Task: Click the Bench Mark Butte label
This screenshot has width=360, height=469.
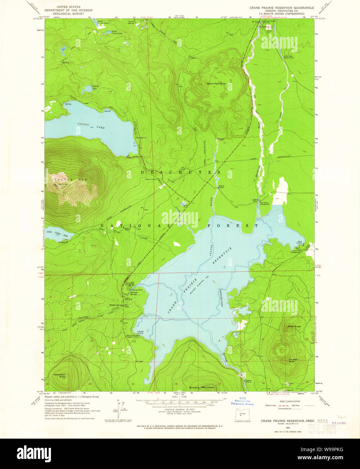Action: point(216,84)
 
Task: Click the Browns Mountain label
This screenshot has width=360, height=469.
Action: point(202,387)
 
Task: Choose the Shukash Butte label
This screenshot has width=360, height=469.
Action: point(293,360)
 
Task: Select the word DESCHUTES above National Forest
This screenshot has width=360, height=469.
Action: point(181,172)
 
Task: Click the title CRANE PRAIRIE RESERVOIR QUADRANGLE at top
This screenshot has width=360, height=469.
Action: point(282,8)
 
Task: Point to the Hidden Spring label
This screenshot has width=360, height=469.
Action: point(115,305)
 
